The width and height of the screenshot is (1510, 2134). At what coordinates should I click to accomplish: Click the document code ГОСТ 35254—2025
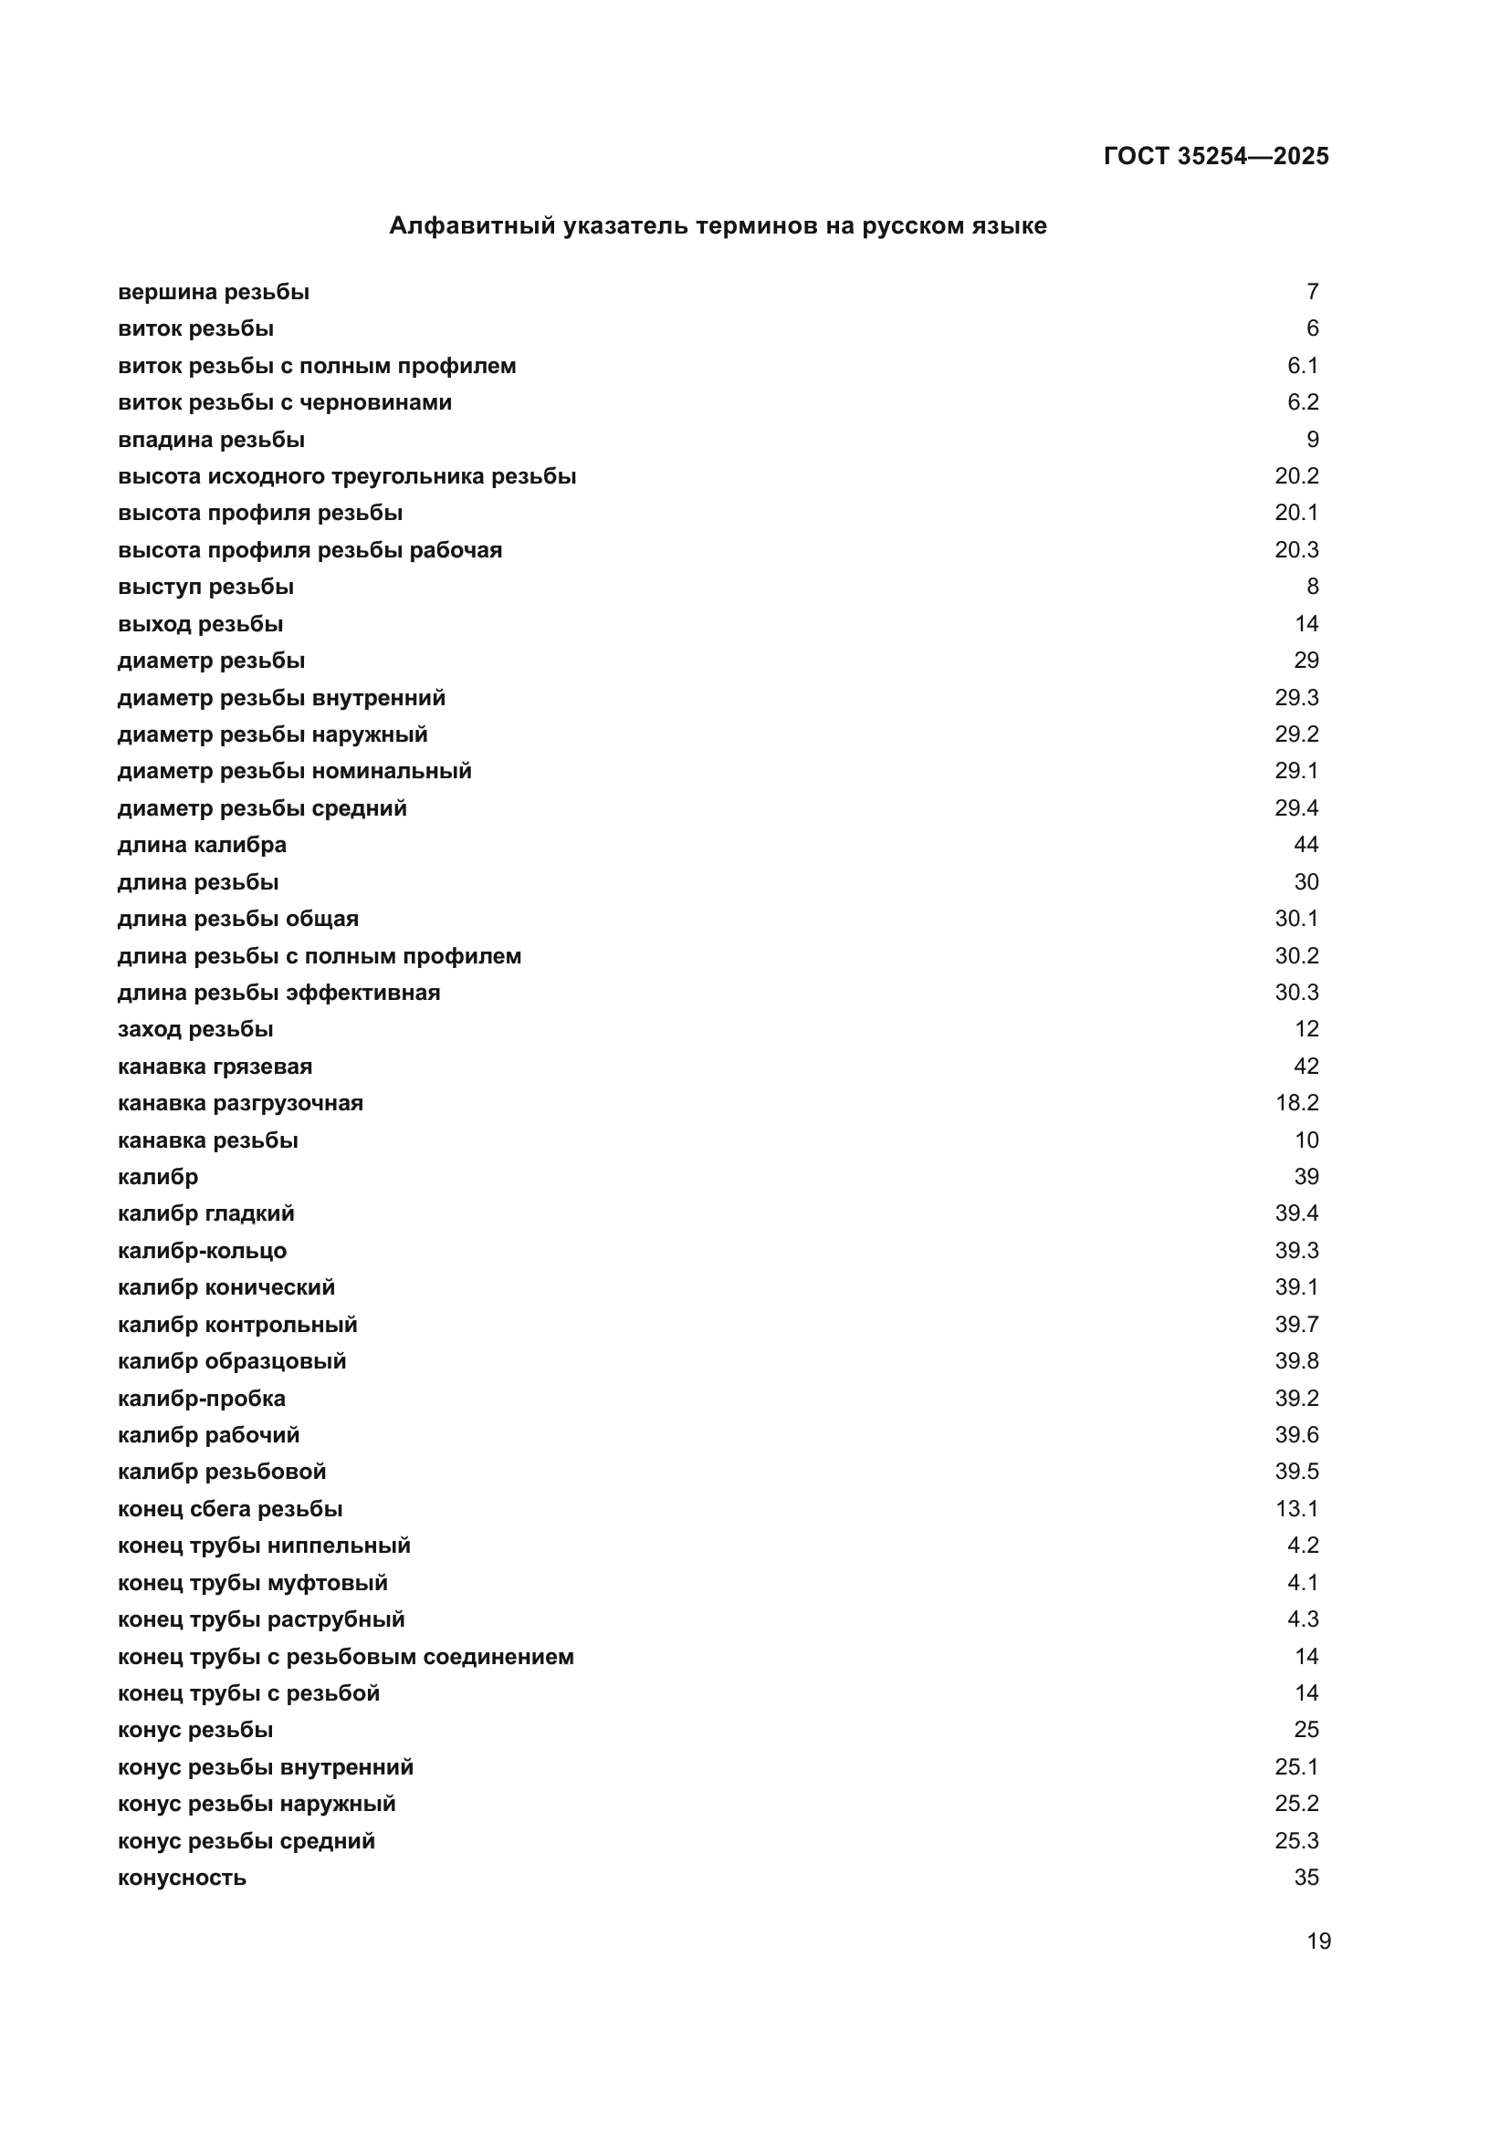(1215, 156)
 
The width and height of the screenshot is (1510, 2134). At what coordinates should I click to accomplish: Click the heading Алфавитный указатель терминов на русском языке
(717, 226)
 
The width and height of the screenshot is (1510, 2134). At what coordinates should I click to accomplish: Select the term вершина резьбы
(213, 292)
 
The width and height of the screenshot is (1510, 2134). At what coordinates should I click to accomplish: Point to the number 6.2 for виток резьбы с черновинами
(1302, 402)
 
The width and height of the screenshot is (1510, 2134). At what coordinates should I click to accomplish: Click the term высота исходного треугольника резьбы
(347, 476)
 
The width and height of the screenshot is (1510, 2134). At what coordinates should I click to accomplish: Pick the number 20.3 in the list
(1296, 550)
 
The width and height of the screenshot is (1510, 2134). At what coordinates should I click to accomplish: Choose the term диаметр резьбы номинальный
(295, 772)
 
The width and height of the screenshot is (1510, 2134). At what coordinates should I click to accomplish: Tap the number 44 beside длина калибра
(1306, 845)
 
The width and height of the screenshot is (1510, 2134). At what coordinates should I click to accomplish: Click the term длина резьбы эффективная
(279, 993)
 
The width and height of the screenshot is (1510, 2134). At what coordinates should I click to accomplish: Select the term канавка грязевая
(215, 1066)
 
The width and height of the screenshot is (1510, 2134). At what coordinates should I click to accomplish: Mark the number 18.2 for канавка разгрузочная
(1296, 1103)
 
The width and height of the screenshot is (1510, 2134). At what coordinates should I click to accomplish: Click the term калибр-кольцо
(202, 1251)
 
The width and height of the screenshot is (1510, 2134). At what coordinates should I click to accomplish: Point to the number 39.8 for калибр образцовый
(1296, 1361)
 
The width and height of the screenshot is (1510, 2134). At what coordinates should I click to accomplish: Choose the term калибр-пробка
(202, 1399)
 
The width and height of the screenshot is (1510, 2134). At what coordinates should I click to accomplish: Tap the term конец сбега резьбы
(230, 1509)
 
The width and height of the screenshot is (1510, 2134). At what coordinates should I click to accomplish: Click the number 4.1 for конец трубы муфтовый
(1302, 1583)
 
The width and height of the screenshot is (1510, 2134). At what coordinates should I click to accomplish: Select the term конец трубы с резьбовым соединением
(346, 1657)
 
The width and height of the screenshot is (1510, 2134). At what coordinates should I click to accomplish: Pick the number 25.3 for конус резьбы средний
(1296, 1841)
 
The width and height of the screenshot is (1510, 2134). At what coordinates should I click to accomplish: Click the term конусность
(183, 1878)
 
